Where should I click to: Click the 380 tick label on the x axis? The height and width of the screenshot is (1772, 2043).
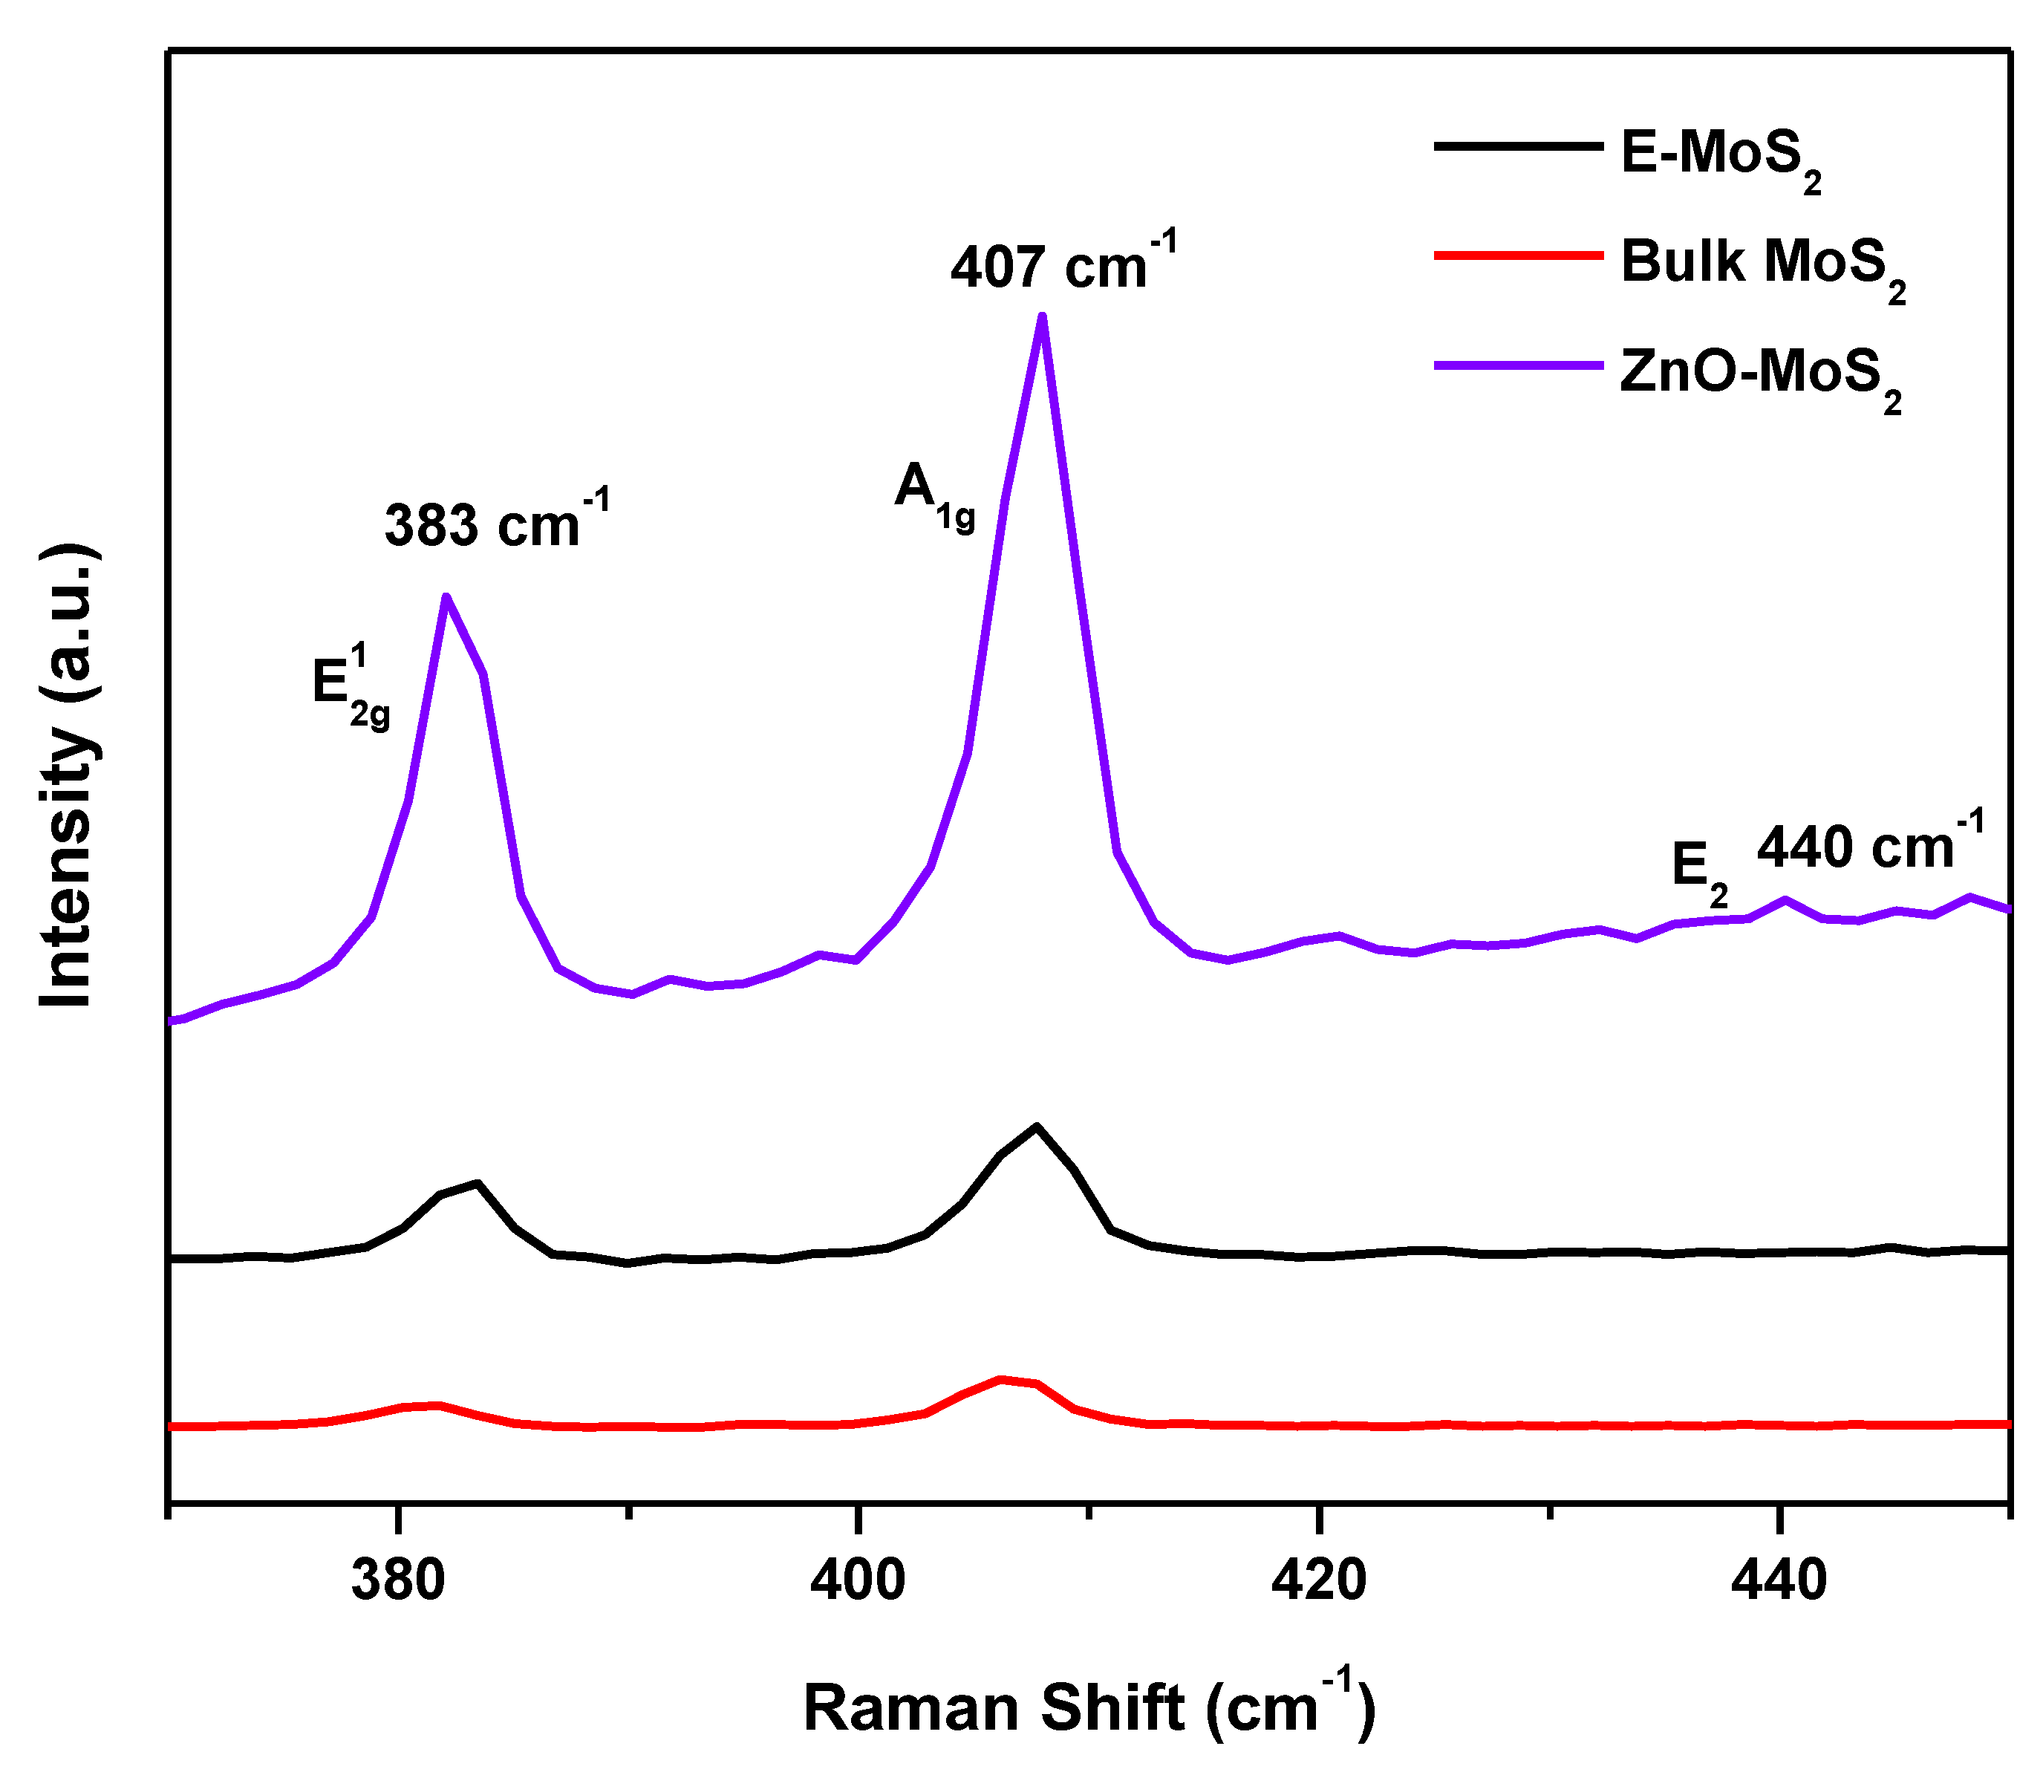(397, 1581)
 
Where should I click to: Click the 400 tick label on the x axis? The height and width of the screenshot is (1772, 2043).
(857, 1581)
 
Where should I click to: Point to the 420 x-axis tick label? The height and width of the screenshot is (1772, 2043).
(1318, 1581)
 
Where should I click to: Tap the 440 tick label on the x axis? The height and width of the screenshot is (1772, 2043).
(1778, 1581)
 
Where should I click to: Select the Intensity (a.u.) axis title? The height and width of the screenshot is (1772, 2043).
(68, 776)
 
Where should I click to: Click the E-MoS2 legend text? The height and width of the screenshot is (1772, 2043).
(1721, 158)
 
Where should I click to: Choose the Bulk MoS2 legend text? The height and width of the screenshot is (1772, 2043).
(1763, 267)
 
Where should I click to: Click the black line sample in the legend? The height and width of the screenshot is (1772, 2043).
(1518, 146)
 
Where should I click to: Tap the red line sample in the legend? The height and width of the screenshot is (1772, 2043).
(1518, 255)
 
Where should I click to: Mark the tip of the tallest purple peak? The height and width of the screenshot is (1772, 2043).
(1042, 316)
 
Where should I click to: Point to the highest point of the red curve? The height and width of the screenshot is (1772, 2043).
(1001, 1378)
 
